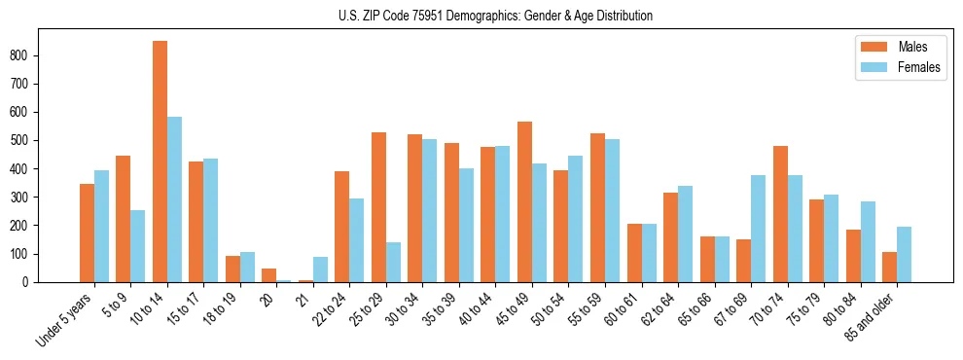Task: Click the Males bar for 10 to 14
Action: click(160, 162)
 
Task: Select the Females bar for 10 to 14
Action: click(174, 199)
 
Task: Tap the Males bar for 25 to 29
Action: click(378, 207)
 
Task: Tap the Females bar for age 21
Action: click(320, 270)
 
